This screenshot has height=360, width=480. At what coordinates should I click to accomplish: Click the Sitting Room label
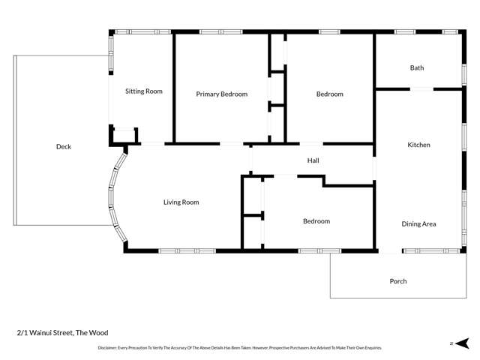[143, 91]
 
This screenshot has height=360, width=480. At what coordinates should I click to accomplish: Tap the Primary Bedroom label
[222, 94]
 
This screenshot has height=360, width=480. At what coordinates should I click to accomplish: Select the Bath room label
[417, 68]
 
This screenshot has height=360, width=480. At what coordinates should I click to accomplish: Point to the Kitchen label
[418, 145]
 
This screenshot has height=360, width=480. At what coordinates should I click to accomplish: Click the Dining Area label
[419, 223]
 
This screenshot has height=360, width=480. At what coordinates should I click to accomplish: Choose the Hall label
[313, 160]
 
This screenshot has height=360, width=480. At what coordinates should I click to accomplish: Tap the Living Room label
[181, 202]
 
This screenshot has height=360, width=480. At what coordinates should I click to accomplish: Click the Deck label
[64, 147]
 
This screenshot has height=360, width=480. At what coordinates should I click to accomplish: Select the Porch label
[398, 281]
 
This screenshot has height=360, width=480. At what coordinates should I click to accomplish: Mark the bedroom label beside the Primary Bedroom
[329, 94]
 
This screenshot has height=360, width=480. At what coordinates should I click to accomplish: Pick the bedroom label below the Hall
[316, 221]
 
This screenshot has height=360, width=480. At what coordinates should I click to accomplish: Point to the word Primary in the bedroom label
[208, 94]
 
